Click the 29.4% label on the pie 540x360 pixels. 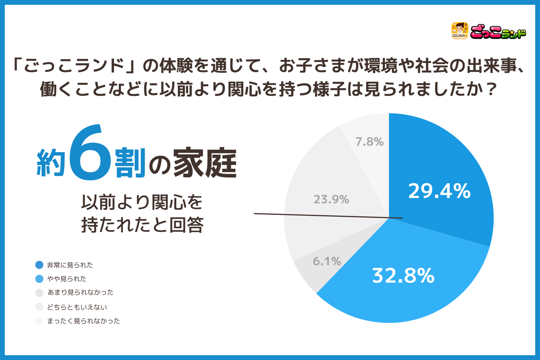pyautogui.click(x=439, y=191)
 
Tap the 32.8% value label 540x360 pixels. pyautogui.click(x=403, y=276)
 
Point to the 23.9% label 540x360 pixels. pyautogui.click(x=331, y=199)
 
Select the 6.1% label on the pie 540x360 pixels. pyautogui.click(x=327, y=261)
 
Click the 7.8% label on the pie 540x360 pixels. pyautogui.click(x=370, y=142)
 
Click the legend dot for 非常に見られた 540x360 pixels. pyautogui.click(x=39, y=265)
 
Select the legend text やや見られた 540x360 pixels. pyautogui.click(x=67, y=279)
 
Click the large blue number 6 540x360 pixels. pyautogui.click(x=90, y=152)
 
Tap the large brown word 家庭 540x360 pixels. pyautogui.click(x=205, y=162)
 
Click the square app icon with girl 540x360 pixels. pyautogui.click(x=460, y=31)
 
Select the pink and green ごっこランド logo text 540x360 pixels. pyautogui.click(x=498, y=32)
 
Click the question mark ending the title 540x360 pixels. pyautogui.click(x=490, y=89)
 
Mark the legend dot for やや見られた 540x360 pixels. pyautogui.click(x=39, y=279)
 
